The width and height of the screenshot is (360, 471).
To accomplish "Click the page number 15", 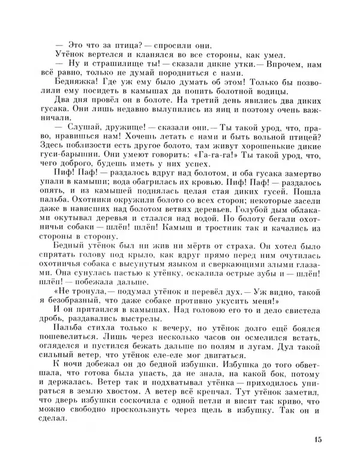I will (x=317, y=440).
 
